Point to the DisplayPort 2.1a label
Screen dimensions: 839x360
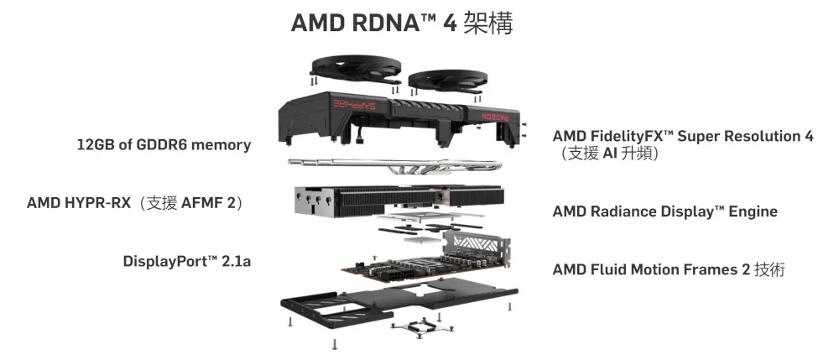tap(187, 262)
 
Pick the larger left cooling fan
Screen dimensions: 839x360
tap(355, 70)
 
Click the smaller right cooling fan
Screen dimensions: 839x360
tap(447, 81)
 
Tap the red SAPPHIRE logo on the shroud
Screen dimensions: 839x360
tap(354, 104)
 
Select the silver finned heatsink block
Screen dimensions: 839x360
tap(399, 201)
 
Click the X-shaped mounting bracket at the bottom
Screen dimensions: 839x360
tap(422, 326)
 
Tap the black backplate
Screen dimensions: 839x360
tap(399, 302)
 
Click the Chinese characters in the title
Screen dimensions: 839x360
tap(488, 23)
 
